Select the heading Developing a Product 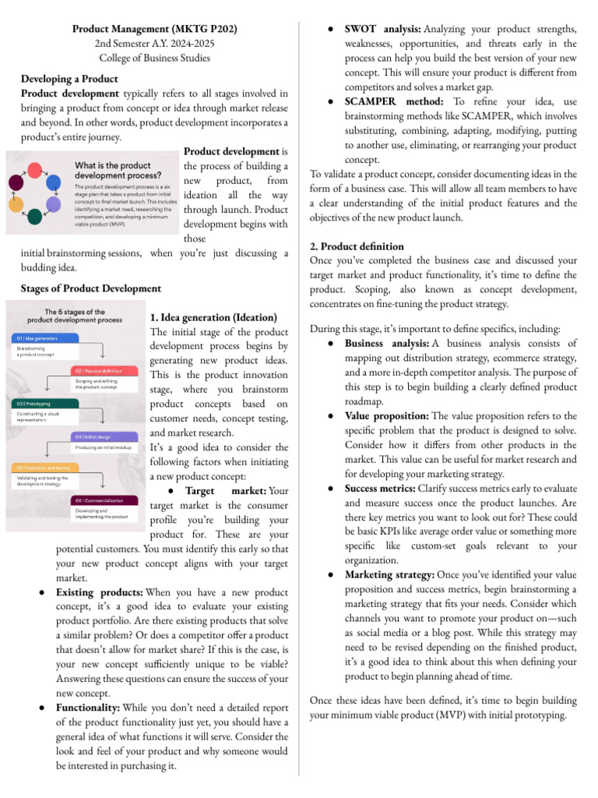coord(69,79)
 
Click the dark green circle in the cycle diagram coord(34,217)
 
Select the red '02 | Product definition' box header coord(104,370)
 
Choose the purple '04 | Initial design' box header coord(104,436)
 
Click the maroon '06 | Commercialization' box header coord(104,500)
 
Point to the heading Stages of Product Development coord(90,288)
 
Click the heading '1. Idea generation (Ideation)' coord(213,317)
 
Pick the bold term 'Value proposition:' coord(386,416)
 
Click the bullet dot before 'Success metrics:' coord(331,489)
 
